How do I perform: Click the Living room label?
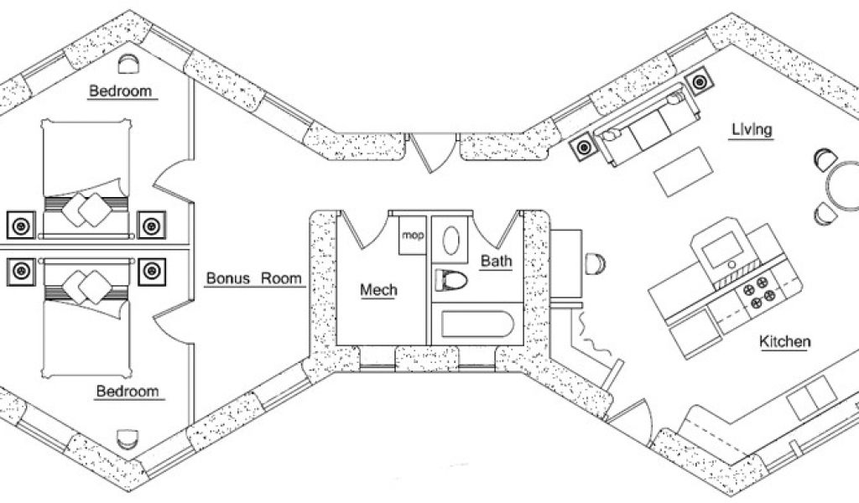point(751,129)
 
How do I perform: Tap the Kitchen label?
point(784,341)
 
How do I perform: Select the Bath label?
point(496,262)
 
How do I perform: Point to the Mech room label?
point(378,290)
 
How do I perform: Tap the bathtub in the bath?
point(471,326)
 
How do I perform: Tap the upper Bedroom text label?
point(122,91)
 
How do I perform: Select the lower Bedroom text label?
point(128,391)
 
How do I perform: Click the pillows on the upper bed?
point(86,206)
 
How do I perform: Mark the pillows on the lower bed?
point(86,287)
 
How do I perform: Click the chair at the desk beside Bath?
point(595,263)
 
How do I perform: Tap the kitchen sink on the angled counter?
point(811,394)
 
